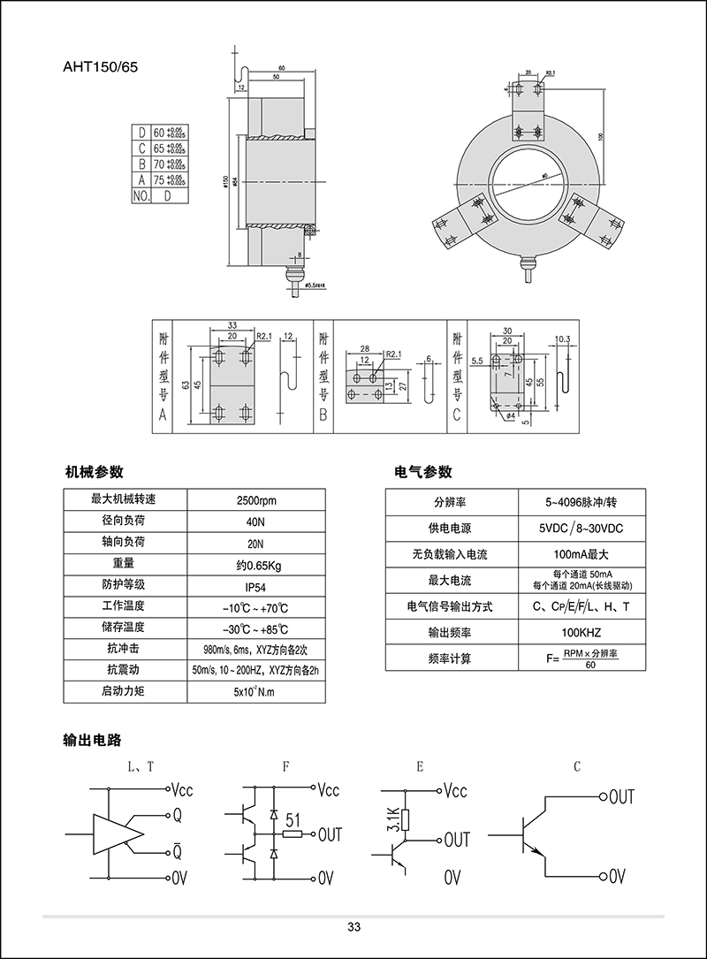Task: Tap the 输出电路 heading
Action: click(x=92, y=739)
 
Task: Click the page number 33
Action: click(x=353, y=927)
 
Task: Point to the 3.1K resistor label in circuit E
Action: click(x=394, y=819)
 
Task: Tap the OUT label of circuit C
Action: click(x=622, y=796)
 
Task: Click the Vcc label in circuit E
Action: click(x=456, y=789)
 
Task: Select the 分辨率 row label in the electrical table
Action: click(x=450, y=502)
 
